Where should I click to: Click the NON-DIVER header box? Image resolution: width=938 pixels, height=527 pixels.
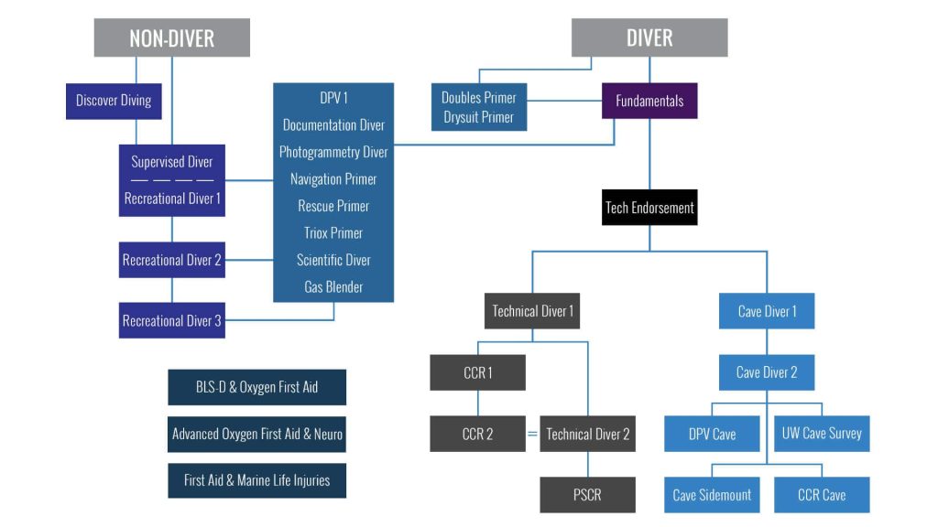click(x=172, y=38)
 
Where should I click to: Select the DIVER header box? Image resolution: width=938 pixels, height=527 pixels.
click(x=649, y=38)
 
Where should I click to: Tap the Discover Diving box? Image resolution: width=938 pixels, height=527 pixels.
click(x=114, y=101)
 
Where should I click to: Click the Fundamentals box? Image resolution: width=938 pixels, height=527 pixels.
click(x=649, y=101)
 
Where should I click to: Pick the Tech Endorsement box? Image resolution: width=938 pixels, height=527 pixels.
click(x=649, y=208)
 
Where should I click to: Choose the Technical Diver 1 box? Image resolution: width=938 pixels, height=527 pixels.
click(x=532, y=311)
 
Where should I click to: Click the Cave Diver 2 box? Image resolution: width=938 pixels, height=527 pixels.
click(x=767, y=372)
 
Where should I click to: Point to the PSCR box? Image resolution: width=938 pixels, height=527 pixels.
click(x=587, y=495)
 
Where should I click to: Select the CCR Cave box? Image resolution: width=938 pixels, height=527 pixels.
click(x=822, y=495)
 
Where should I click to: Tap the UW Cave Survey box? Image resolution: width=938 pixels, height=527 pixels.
click(x=822, y=434)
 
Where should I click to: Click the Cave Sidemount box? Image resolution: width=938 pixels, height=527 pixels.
click(x=712, y=495)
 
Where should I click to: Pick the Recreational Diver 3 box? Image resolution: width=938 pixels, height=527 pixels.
click(x=172, y=321)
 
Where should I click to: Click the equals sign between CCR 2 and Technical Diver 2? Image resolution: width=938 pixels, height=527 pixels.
click(x=532, y=434)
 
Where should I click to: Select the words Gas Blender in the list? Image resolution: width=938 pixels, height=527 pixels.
click(x=333, y=287)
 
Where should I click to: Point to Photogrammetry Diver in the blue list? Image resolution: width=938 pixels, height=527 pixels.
click(x=333, y=152)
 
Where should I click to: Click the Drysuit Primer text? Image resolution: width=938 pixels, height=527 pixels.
click(x=478, y=117)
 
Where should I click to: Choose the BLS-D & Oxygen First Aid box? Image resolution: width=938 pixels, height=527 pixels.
click(x=256, y=387)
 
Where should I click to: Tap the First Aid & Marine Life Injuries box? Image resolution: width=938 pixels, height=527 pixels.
click(x=256, y=479)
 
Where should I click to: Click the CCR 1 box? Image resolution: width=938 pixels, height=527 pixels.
click(x=477, y=372)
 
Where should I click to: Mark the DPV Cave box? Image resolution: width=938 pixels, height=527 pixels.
click(x=712, y=434)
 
